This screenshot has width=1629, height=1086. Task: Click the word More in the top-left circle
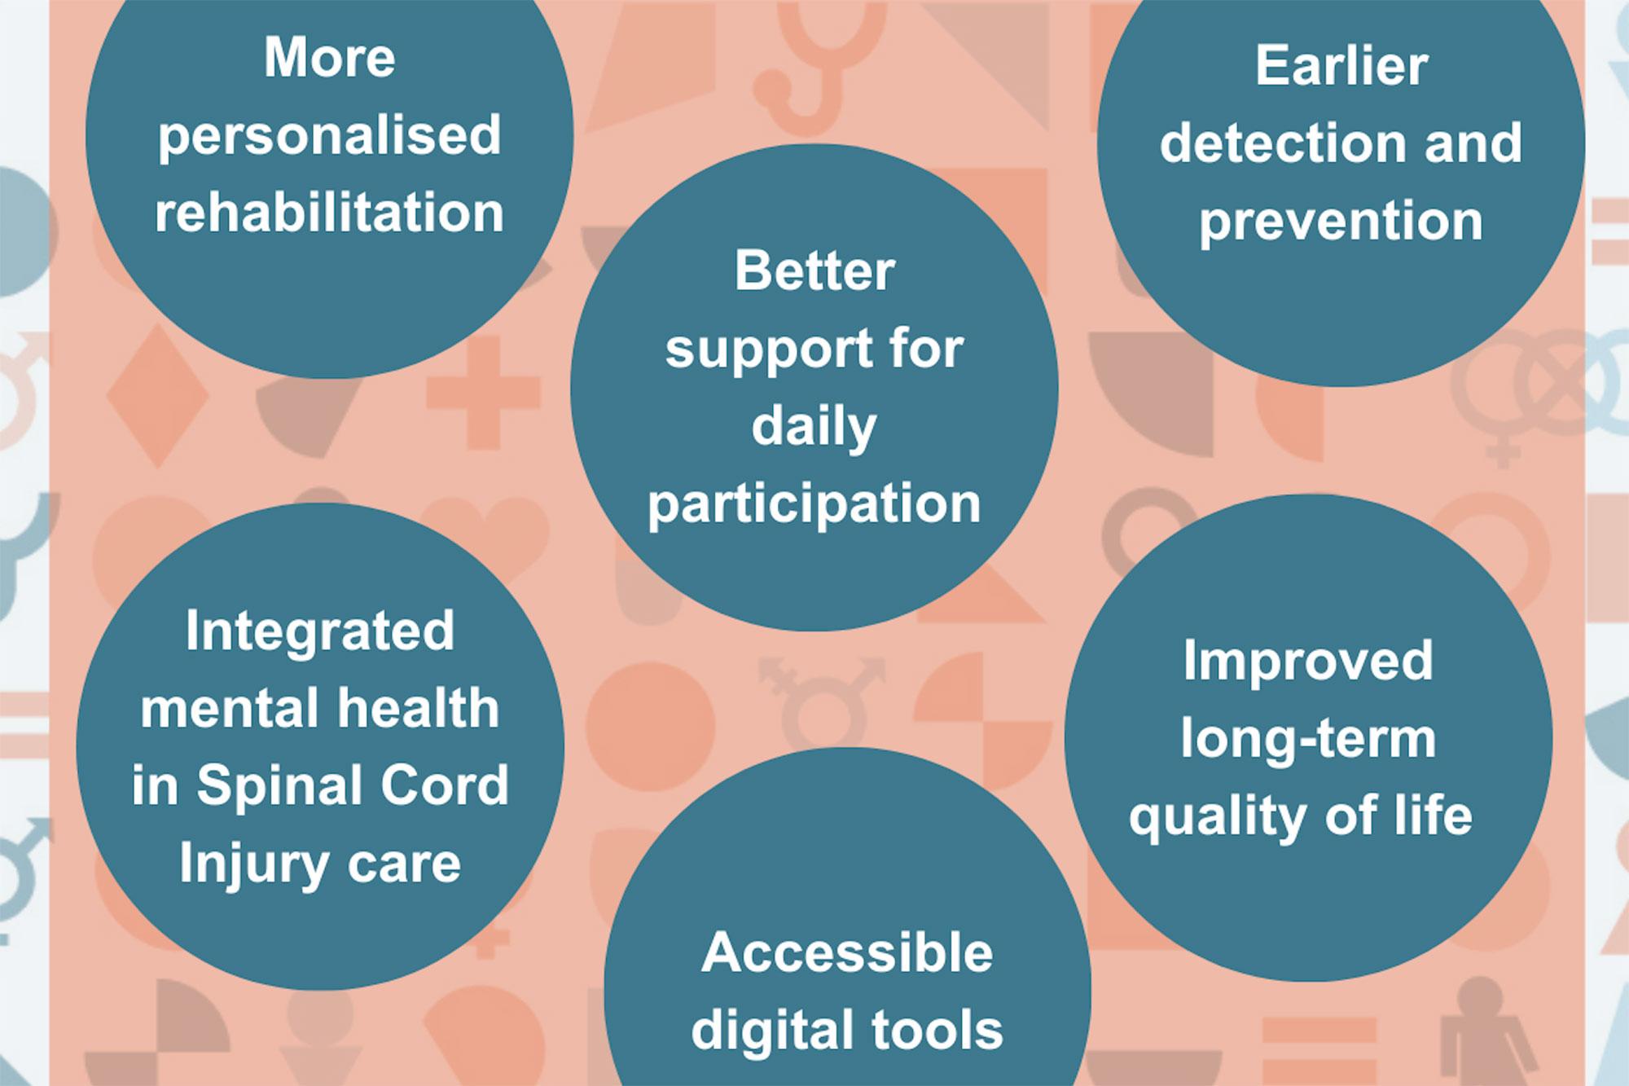point(330,58)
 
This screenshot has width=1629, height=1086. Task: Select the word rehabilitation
point(330,213)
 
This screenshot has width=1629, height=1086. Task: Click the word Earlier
point(1341,65)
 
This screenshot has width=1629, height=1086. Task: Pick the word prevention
point(1341,222)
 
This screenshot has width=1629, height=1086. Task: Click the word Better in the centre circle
point(814,270)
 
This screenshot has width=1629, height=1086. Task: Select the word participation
point(814,505)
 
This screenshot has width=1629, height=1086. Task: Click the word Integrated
point(320,632)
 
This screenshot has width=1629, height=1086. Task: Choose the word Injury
point(253,864)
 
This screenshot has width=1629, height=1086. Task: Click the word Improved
point(1308,662)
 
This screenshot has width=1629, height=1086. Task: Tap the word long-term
point(1308,739)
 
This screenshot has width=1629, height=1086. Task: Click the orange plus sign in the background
point(483,393)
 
